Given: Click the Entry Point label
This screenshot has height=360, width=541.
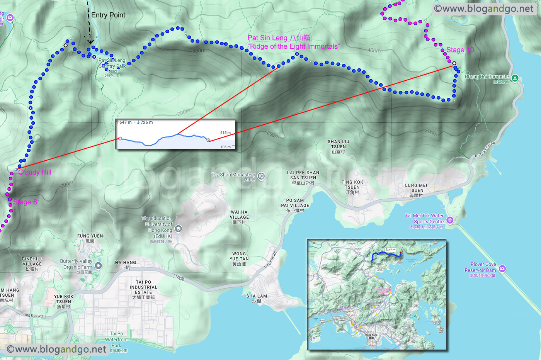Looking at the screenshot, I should (x=108, y=15).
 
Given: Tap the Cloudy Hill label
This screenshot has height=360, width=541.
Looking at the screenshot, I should (x=34, y=172).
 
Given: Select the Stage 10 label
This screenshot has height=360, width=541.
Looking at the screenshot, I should (x=460, y=50).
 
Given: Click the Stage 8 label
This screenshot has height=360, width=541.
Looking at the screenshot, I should (x=25, y=202).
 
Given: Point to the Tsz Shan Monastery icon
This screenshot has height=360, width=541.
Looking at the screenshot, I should (x=261, y=177).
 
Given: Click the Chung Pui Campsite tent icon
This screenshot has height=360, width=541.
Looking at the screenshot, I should (x=515, y=78).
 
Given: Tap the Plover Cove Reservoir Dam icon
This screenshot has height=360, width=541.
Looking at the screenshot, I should (x=502, y=268).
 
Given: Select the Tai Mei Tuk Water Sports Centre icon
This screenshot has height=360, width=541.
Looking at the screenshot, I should (x=449, y=220).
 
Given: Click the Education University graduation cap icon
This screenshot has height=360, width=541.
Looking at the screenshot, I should (x=178, y=229).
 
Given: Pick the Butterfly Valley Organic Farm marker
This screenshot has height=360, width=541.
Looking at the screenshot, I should (x=99, y=265).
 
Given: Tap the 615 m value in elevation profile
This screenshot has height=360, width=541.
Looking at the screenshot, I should (x=225, y=132).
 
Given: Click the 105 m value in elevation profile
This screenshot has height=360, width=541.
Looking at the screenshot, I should (x=226, y=147).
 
